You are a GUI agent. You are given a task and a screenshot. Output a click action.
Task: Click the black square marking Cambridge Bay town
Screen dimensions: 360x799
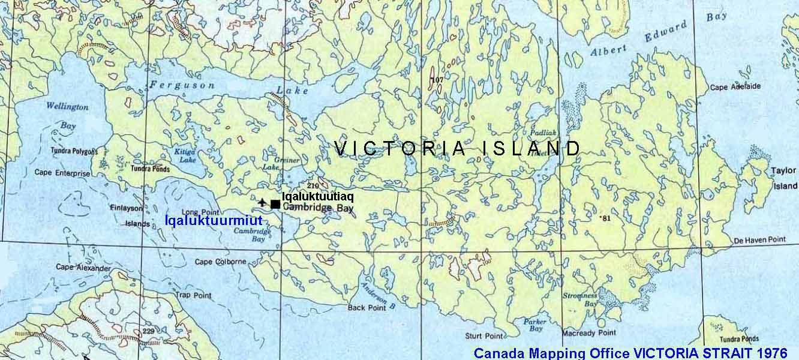[x=275, y=205]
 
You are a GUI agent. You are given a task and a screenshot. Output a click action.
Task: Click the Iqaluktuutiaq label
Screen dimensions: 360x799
[x=317, y=196]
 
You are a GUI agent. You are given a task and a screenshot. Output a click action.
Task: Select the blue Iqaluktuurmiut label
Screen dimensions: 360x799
[x=214, y=221]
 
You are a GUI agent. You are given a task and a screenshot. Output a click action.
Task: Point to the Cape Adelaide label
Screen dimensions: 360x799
[x=735, y=86]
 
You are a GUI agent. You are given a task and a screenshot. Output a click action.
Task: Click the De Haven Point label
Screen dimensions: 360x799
[x=759, y=239]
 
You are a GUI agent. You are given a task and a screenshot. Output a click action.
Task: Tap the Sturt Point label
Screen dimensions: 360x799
[x=484, y=336]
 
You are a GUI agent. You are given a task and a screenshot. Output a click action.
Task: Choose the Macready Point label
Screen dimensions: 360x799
[x=588, y=332]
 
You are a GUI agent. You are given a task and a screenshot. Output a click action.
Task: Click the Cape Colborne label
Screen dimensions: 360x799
[x=220, y=262]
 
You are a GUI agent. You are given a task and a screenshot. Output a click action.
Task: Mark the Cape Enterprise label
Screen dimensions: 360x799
[x=62, y=173]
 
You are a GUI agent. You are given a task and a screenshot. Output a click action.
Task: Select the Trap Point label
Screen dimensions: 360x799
[x=193, y=295]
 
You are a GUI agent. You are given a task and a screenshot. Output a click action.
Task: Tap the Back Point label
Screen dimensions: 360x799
[x=367, y=307]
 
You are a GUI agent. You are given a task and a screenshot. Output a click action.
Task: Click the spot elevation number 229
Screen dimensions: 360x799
[x=149, y=331]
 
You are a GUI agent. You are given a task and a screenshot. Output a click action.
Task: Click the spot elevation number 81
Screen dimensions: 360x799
[x=606, y=218]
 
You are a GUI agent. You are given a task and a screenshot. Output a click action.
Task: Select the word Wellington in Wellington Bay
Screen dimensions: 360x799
[x=67, y=107]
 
